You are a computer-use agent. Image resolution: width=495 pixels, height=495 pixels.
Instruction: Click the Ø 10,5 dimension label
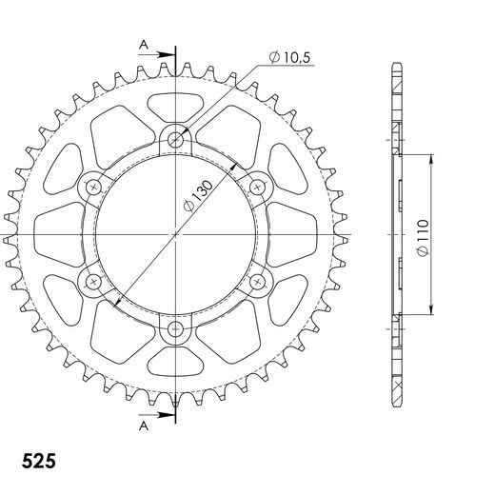point(291,58)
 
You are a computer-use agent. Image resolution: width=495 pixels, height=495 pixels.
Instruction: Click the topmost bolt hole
point(176,139)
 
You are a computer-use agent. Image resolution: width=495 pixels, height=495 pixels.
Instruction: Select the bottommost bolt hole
point(176,329)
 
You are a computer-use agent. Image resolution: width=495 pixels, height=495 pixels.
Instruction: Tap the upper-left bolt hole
point(93,187)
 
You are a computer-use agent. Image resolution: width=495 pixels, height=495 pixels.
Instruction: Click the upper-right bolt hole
point(259,187)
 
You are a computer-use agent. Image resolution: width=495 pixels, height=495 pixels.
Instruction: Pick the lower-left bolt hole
point(93,282)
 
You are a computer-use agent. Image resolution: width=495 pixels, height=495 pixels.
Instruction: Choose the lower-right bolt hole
point(259,282)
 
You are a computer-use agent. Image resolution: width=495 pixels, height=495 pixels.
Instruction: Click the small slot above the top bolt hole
point(176,104)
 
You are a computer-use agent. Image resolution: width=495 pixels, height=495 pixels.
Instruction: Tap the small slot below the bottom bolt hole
point(176,364)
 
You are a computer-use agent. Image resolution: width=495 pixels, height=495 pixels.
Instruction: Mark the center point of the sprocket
point(176,234)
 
